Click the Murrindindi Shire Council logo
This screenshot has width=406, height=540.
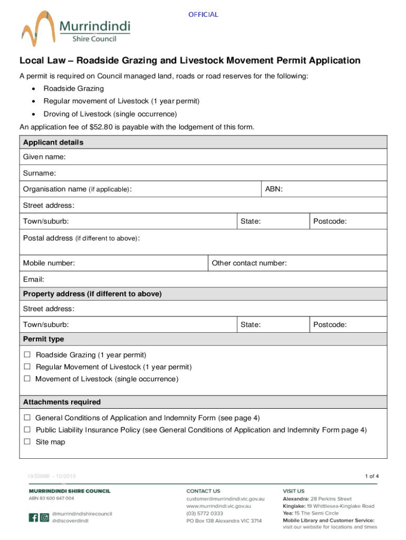point(75,28)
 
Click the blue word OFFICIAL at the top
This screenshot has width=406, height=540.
point(203,14)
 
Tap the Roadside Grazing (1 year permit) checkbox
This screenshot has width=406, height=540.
point(27,355)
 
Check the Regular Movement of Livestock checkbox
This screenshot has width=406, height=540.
point(27,367)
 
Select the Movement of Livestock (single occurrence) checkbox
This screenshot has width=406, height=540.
point(27,379)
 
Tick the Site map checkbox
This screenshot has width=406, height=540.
point(27,442)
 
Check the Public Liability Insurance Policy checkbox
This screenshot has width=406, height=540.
point(27,430)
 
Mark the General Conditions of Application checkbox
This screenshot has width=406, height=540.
point(27,418)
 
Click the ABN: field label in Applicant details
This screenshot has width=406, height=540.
point(274,189)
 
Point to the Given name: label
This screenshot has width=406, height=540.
point(44,157)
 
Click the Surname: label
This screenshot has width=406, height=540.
point(40,173)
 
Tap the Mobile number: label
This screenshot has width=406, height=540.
point(49,263)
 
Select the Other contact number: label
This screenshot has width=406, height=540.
point(249,263)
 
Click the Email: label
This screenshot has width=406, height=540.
point(33,279)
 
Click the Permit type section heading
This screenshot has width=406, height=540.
point(43,339)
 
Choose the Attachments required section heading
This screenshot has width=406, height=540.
point(62,402)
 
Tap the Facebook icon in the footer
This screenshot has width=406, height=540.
point(33,518)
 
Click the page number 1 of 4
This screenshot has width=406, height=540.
point(371,476)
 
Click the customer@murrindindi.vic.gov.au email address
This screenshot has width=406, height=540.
point(225,499)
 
